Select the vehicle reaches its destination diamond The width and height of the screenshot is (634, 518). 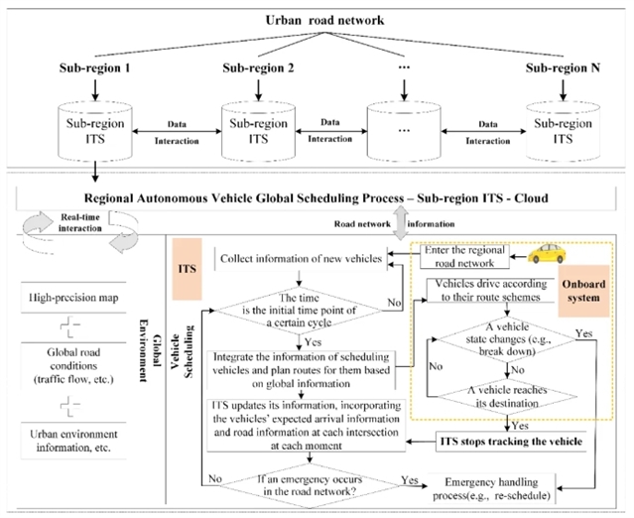(x=504, y=396)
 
